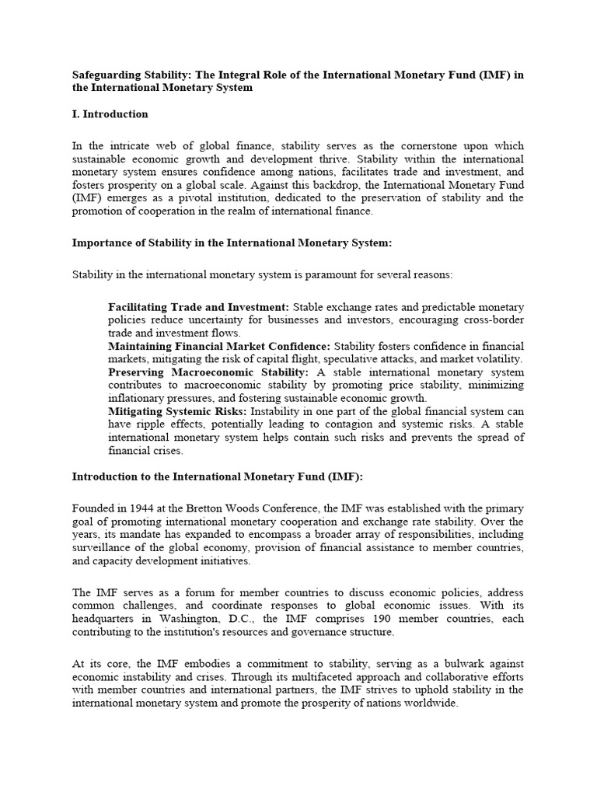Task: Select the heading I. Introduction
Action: [110, 114]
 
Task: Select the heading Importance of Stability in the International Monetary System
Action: [232, 243]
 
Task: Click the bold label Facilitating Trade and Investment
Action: [198, 307]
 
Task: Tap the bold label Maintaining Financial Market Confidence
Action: [219, 346]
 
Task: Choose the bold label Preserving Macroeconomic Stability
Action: [208, 372]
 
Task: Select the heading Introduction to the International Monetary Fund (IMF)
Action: [218, 477]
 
